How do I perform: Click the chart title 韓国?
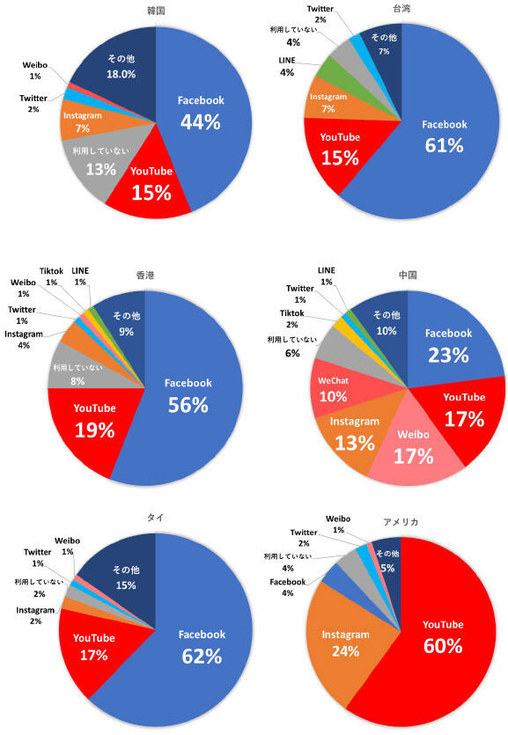click(156, 11)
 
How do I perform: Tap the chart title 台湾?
click(401, 8)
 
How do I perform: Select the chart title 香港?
click(145, 275)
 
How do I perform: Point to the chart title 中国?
click(408, 275)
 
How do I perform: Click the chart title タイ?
click(155, 517)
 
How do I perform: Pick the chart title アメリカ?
click(401, 522)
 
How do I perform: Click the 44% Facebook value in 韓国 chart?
click(201, 121)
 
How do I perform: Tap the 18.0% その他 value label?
click(121, 74)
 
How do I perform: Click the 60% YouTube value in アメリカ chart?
click(443, 645)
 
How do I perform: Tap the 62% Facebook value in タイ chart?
click(202, 657)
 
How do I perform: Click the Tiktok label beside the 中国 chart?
click(292, 313)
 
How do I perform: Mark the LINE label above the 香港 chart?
click(80, 270)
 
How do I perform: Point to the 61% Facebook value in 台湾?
click(445, 145)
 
